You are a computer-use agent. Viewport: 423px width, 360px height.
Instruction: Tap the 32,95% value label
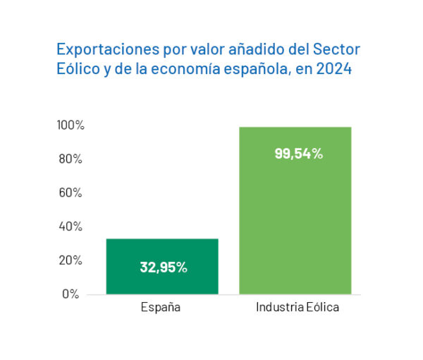click(x=163, y=268)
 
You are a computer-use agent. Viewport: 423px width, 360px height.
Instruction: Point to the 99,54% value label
click(x=298, y=153)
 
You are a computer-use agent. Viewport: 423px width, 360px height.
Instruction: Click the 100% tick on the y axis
click(x=70, y=125)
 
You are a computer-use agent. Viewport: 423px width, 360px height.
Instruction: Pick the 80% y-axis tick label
click(x=72, y=159)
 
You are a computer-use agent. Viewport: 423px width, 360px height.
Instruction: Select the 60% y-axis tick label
click(x=72, y=193)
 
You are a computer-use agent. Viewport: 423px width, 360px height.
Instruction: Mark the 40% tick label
click(x=72, y=227)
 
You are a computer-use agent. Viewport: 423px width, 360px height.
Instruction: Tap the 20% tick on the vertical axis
click(x=72, y=261)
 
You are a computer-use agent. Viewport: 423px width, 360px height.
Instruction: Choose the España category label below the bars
click(x=161, y=308)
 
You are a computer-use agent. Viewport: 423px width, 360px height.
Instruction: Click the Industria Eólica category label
click(x=297, y=308)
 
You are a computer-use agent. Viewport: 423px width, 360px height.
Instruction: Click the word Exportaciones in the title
click(x=100, y=50)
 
